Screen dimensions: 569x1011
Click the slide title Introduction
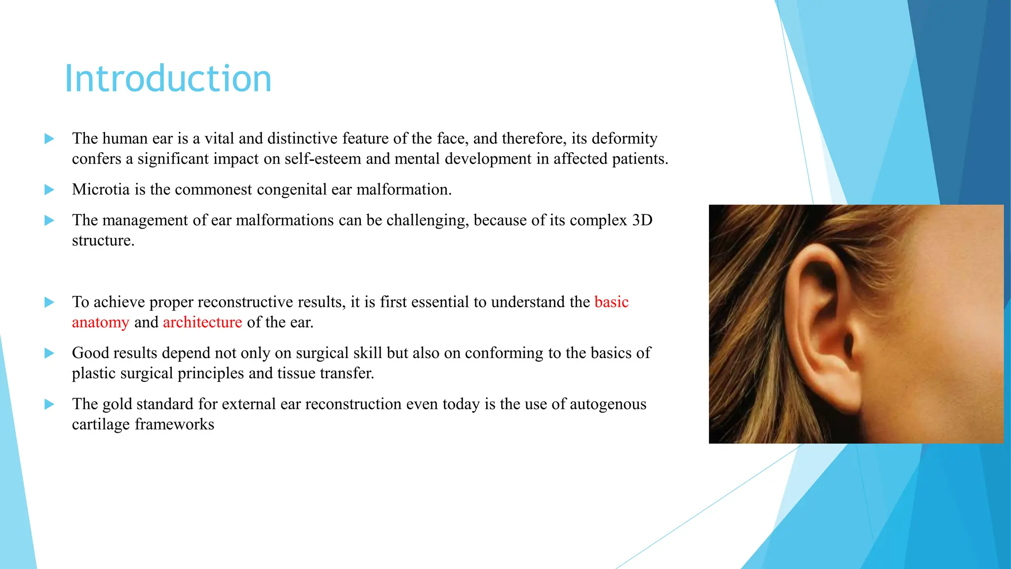pos(168,79)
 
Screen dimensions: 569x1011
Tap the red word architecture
pos(202,323)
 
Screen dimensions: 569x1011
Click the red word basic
pos(611,302)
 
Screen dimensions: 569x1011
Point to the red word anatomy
pos(101,323)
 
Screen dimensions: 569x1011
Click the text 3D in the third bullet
pos(642,220)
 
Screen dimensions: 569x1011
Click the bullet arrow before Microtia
pos(49,190)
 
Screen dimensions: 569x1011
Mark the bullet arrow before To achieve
pos(49,302)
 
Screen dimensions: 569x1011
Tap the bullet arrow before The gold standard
pos(49,404)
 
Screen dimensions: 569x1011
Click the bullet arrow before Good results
pos(49,353)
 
